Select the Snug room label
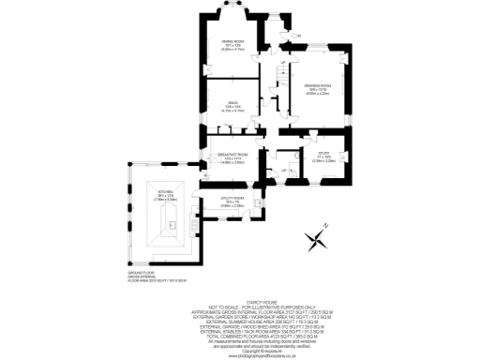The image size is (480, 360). [x=232, y=105]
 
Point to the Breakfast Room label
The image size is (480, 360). [x=231, y=157]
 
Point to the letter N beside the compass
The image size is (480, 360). [x=324, y=226]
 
